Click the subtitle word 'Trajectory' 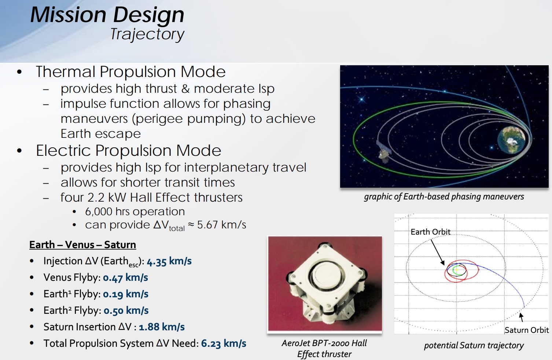[x=147, y=34]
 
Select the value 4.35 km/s [x=169, y=261]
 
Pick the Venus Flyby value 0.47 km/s [x=125, y=278]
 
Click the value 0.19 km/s [x=126, y=294]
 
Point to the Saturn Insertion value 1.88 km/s [x=162, y=327]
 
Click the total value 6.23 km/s [x=224, y=344]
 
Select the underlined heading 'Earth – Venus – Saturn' [x=82, y=245]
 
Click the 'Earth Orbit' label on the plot [x=430, y=232]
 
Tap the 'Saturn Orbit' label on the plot [x=526, y=330]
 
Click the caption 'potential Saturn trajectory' [x=474, y=346]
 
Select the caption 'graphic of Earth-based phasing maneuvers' [x=444, y=197]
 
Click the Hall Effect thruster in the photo [x=325, y=282]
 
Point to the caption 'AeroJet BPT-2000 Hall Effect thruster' [x=324, y=349]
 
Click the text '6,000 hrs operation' [x=135, y=212]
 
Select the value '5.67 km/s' [x=221, y=225]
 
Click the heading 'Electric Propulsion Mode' [x=128, y=151]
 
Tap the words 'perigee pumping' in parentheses [x=189, y=119]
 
